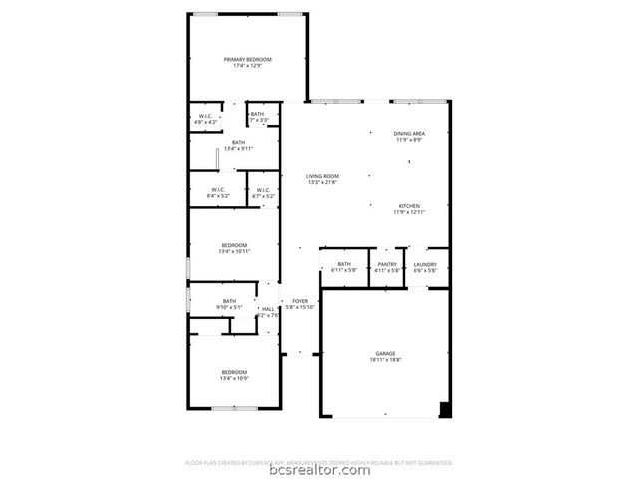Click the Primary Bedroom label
247,60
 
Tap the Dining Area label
409,134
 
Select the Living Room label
322,176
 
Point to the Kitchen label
409,206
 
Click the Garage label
385,353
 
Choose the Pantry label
387,264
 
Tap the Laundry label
426,264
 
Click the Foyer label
300,301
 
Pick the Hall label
268,309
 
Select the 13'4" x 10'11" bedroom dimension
234,251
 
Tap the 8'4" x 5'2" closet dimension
218,196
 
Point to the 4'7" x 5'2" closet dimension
263,196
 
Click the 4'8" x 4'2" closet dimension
207,122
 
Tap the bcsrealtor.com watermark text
319,470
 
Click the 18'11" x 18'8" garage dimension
385,359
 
